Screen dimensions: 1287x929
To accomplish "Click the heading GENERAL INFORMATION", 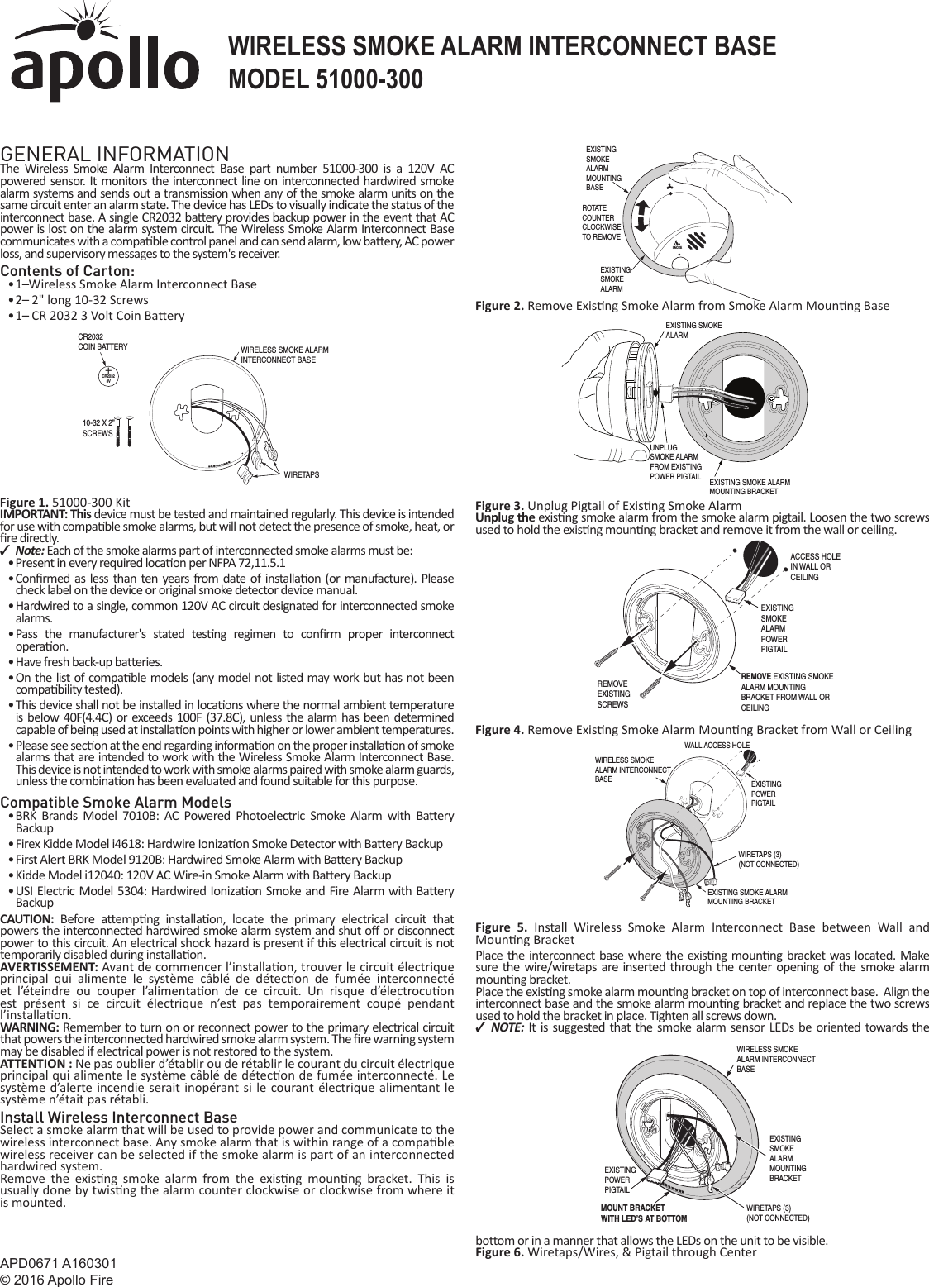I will click(x=115, y=155).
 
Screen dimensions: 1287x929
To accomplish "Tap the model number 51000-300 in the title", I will click(x=369, y=77).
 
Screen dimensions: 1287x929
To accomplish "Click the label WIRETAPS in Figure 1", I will click(x=302, y=474).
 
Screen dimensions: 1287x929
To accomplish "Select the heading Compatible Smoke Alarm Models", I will click(x=116, y=803).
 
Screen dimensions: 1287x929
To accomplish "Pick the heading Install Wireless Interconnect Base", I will click(x=119, y=1118).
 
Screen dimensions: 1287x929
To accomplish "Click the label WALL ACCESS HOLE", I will click(x=717, y=745).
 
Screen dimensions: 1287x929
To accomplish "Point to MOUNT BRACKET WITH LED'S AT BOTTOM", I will click(x=643, y=1213).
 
